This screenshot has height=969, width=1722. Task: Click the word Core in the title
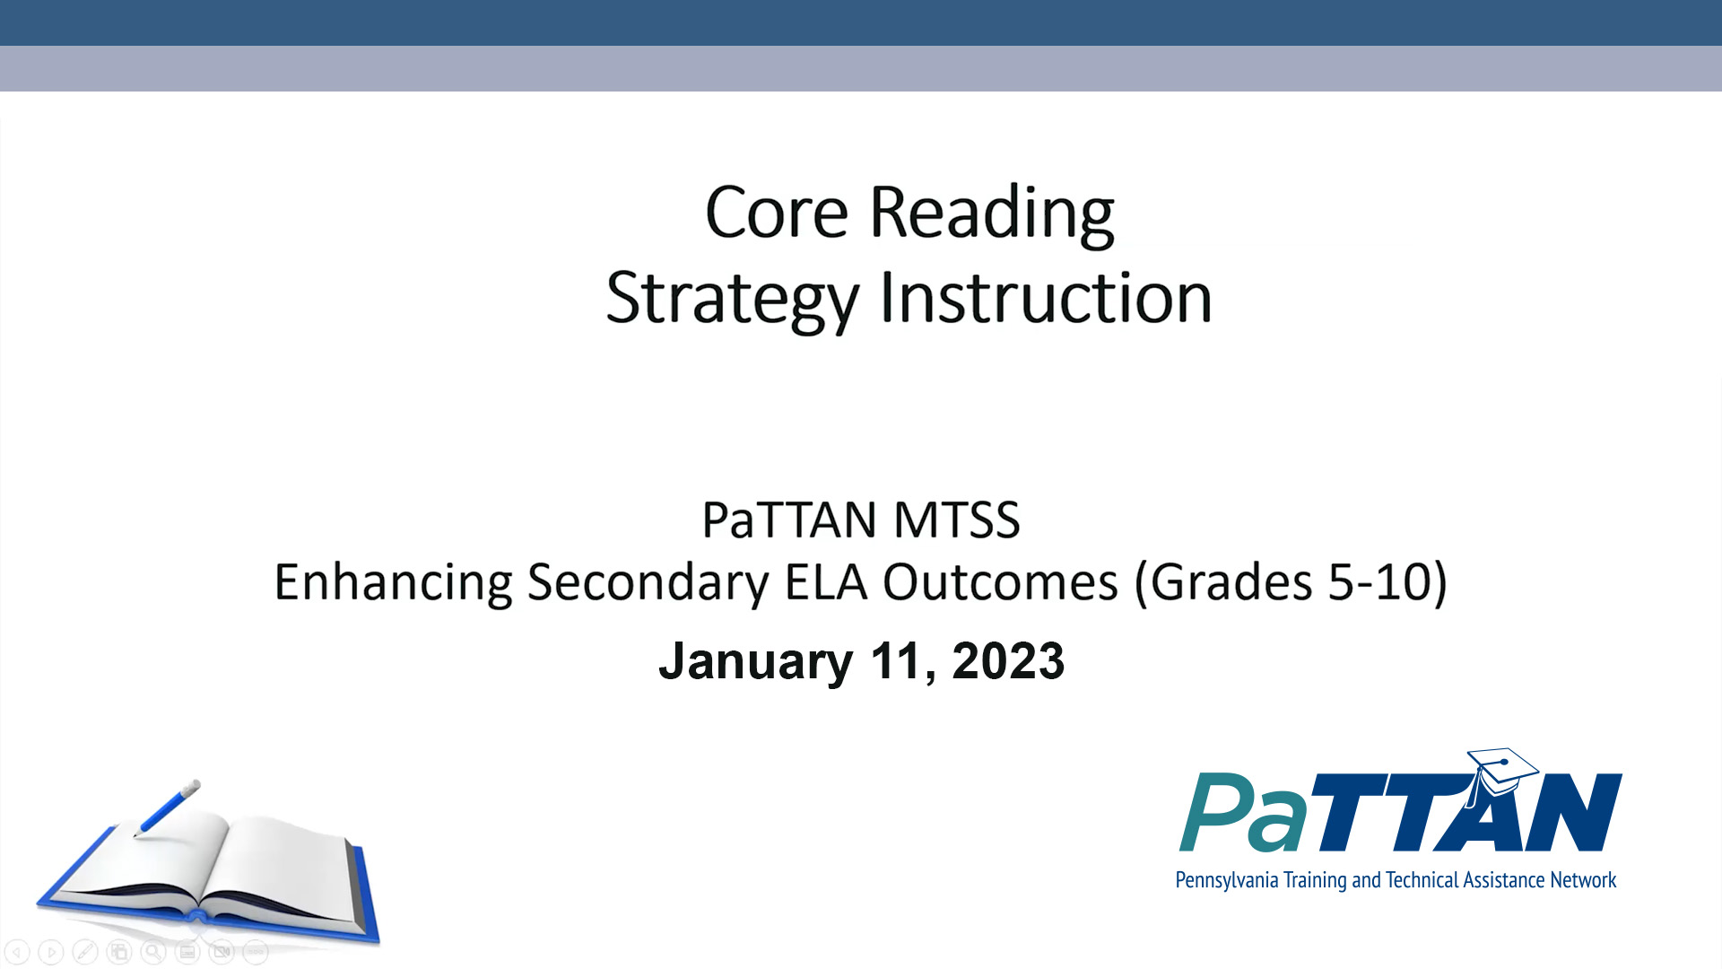[776, 213]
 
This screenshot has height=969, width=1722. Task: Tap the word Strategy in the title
[732, 300]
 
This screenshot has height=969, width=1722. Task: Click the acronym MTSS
[957, 519]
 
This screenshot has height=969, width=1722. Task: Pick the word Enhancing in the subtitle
[393, 582]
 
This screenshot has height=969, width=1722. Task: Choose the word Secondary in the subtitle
[648, 582]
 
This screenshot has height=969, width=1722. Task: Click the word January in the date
[755, 662]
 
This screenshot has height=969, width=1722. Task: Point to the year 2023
[1008, 661]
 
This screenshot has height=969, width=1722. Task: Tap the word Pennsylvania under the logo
[1226, 880]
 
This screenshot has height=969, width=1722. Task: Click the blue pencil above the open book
[168, 807]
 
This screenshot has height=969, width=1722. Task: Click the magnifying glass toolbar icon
[153, 952]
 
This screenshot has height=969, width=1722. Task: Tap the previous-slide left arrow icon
[17, 952]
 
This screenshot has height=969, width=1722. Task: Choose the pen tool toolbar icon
[85, 952]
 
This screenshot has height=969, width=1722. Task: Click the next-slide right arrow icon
[51, 952]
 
